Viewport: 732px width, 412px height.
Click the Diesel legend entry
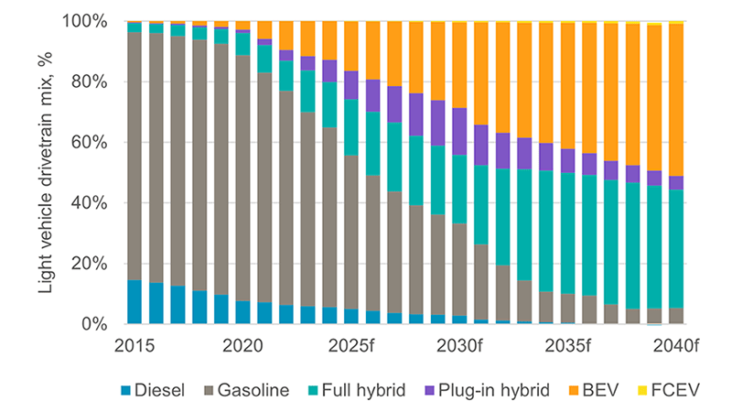coord(156,389)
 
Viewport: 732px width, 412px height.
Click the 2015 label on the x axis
coord(135,347)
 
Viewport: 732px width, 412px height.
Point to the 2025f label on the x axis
coord(351,347)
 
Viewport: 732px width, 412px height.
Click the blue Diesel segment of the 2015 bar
coord(135,302)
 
